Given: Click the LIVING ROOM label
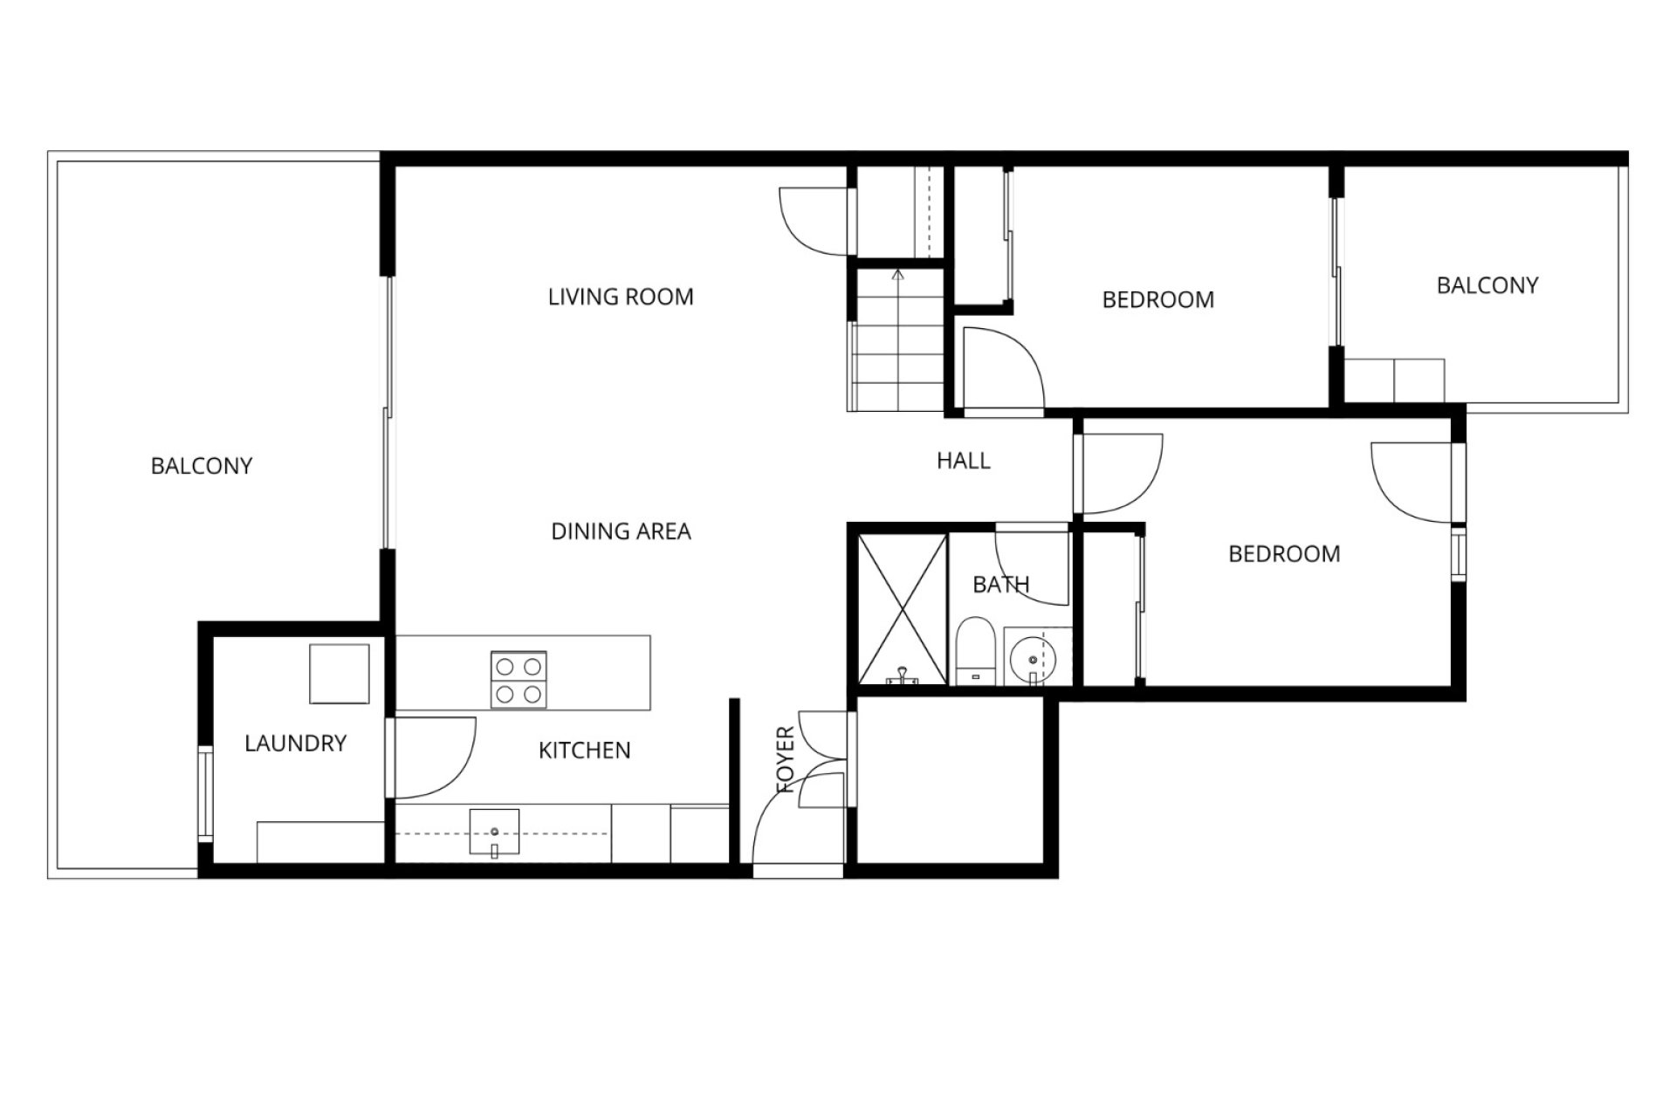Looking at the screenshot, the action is click(x=621, y=298).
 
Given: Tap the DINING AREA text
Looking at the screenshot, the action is click(x=621, y=531).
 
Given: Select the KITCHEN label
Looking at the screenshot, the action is click(x=584, y=750).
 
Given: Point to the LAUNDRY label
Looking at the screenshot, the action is click(x=295, y=744).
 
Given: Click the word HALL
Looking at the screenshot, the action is click(x=964, y=461).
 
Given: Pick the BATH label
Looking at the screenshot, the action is click(x=1001, y=585).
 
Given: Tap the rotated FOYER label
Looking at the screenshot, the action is click(x=786, y=759).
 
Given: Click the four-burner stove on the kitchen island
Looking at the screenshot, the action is click(x=519, y=680).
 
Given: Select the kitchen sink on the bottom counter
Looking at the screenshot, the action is click(x=494, y=833).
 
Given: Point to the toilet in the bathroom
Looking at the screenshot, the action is click(x=975, y=651).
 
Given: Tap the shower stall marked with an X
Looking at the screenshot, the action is click(x=903, y=609).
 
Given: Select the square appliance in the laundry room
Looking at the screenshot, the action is click(x=340, y=674).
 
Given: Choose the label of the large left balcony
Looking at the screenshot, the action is click(x=202, y=466).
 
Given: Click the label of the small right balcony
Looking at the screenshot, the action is click(x=1487, y=285).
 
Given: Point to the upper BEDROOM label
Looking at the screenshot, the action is click(x=1158, y=300).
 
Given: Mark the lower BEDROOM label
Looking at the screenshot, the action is click(x=1284, y=554).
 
